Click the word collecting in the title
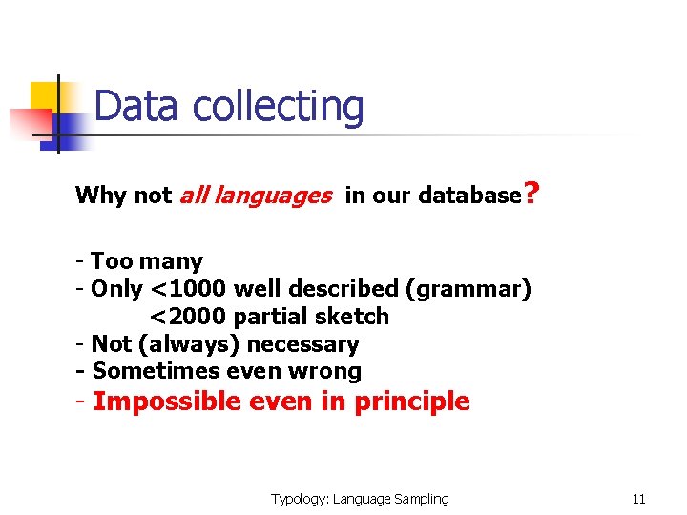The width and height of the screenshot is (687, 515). (278, 108)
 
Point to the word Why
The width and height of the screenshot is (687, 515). (101, 196)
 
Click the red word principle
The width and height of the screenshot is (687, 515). (412, 402)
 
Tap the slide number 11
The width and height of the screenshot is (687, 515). (639, 499)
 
